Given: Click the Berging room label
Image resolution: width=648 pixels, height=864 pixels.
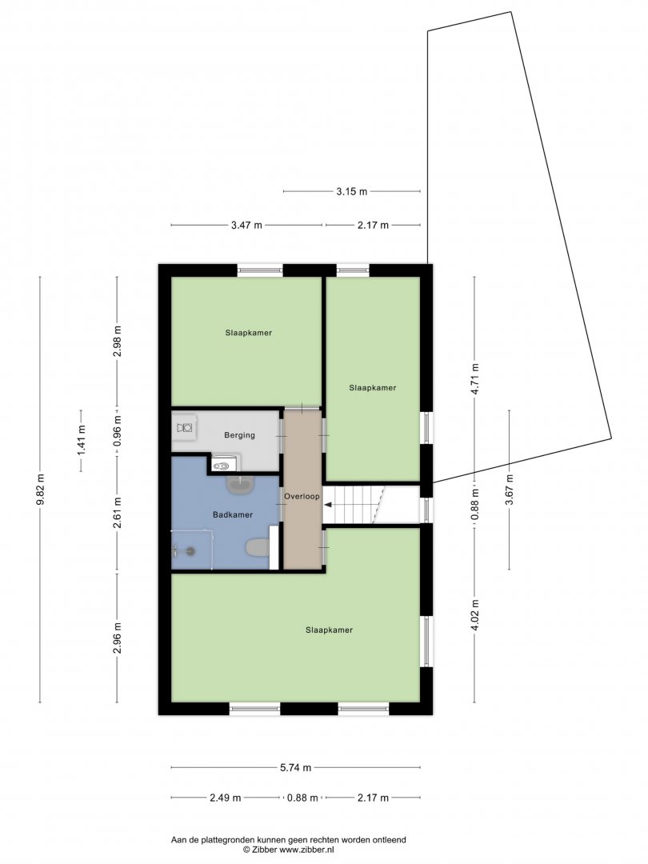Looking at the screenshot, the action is click(239, 435).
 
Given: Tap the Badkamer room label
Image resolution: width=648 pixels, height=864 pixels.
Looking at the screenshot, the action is click(233, 514).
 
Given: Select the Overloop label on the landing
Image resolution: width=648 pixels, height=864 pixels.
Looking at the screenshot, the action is click(302, 497).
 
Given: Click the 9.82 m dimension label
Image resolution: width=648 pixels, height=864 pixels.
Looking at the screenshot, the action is click(41, 490).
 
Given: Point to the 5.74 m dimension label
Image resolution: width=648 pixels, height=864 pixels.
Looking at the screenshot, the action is click(297, 767).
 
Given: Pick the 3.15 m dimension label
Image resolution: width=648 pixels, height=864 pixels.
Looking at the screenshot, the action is click(351, 192).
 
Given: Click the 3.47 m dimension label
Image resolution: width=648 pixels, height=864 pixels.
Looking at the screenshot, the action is click(246, 225).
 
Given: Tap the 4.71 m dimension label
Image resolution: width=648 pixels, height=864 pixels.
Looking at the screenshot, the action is click(475, 378).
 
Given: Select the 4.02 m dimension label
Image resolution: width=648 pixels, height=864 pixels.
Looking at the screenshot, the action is click(475, 615).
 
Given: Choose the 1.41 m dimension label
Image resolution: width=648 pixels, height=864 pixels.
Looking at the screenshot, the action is click(81, 441).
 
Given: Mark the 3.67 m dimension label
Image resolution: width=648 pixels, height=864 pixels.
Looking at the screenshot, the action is click(509, 490).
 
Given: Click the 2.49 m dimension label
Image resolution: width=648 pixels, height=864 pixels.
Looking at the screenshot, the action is click(226, 798).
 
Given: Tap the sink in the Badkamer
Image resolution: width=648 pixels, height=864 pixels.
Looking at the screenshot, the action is click(241, 484).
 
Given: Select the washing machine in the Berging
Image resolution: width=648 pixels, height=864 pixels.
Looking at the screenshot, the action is click(185, 426).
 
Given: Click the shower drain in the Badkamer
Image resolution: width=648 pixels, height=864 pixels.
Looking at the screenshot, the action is click(191, 550).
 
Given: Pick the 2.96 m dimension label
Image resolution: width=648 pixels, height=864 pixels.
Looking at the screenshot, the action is click(117, 638).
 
